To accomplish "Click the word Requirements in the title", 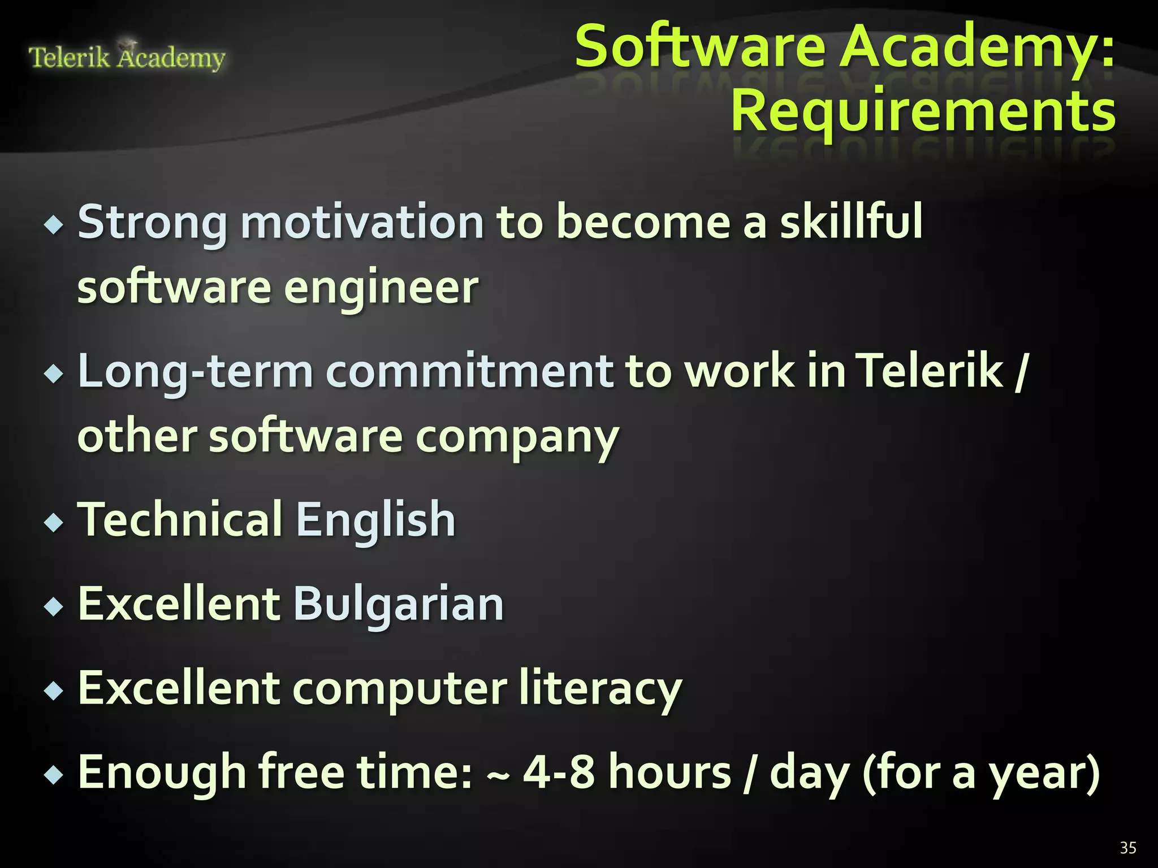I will (x=923, y=111).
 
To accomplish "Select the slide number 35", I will (x=1127, y=848).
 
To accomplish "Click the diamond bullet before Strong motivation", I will (x=54, y=226).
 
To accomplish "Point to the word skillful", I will (x=851, y=222).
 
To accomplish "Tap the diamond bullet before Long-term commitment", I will (x=54, y=374).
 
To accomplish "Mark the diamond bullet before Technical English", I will (x=54, y=523).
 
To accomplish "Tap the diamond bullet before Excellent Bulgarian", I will (x=54, y=607).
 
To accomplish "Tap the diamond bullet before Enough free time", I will (x=54, y=775).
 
